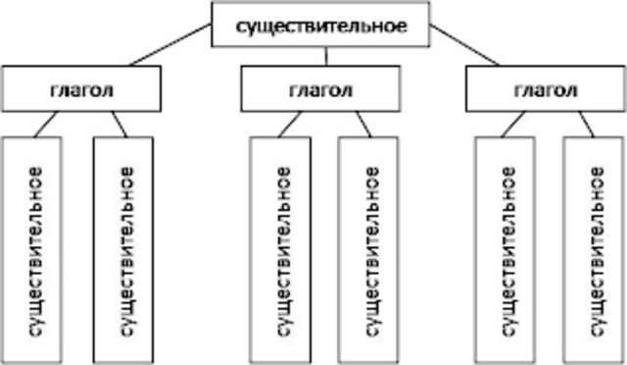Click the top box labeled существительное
point(320,24)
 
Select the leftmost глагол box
point(79,88)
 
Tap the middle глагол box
point(320,88)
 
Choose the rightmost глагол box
point(545,88)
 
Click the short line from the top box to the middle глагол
point(320,57)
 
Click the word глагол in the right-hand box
point(545,88)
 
